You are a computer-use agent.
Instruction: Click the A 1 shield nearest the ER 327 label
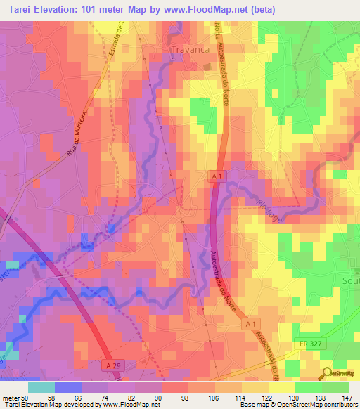pyautogui.click(x=252, y=324)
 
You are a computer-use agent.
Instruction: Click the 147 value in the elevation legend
pyautogui.click(x=347, y=397)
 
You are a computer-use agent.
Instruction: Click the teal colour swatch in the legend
pyautogui.click(x=41, y=387)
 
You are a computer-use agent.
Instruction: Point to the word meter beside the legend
pyautogui.click(x=10, y=397)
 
